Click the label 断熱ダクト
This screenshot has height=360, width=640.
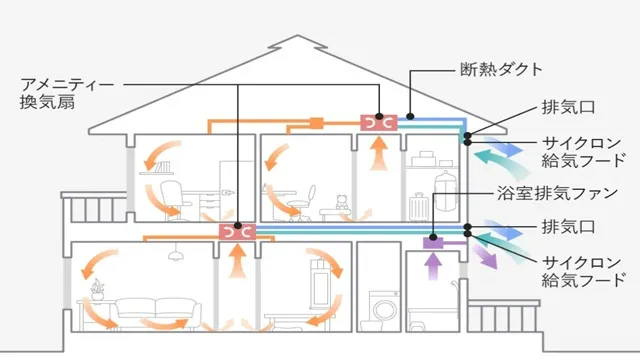[x=501, y=70]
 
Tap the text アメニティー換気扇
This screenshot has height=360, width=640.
[x=61, y=95]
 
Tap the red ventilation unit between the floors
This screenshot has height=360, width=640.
[x=237, y=232]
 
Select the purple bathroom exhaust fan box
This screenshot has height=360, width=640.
[x=433, y=242]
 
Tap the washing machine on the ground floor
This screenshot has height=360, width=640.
[x=383, y=305]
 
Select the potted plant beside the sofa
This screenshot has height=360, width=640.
[x=97, y=291]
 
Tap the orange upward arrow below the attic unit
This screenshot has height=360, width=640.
[x=379, y=155]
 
